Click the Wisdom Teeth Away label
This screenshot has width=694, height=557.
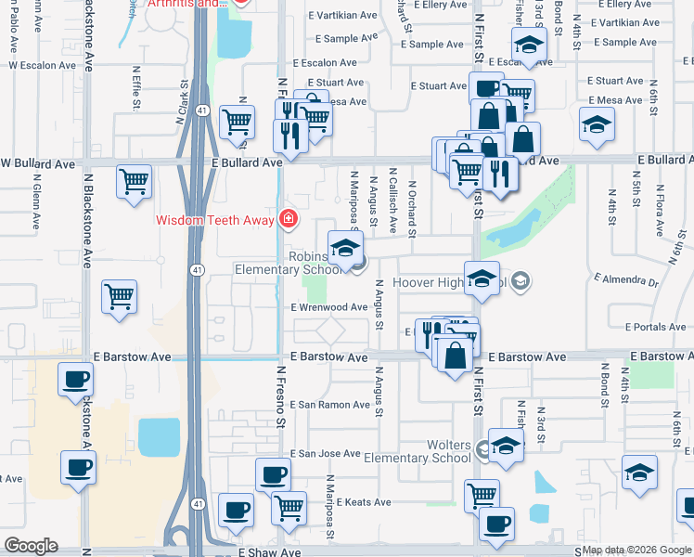click(214, 220)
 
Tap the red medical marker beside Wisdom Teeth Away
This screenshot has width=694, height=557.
click(289, 219)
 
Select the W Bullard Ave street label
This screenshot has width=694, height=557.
click(37, 163)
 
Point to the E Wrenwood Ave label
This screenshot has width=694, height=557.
click(329, 307)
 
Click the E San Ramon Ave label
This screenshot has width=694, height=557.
click(330, 405)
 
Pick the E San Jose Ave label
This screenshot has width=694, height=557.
click(325, 454)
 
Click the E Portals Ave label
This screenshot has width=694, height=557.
click(655, 328)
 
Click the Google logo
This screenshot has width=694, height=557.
click(31, 546)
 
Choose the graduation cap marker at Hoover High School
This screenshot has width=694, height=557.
click(482, 279)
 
